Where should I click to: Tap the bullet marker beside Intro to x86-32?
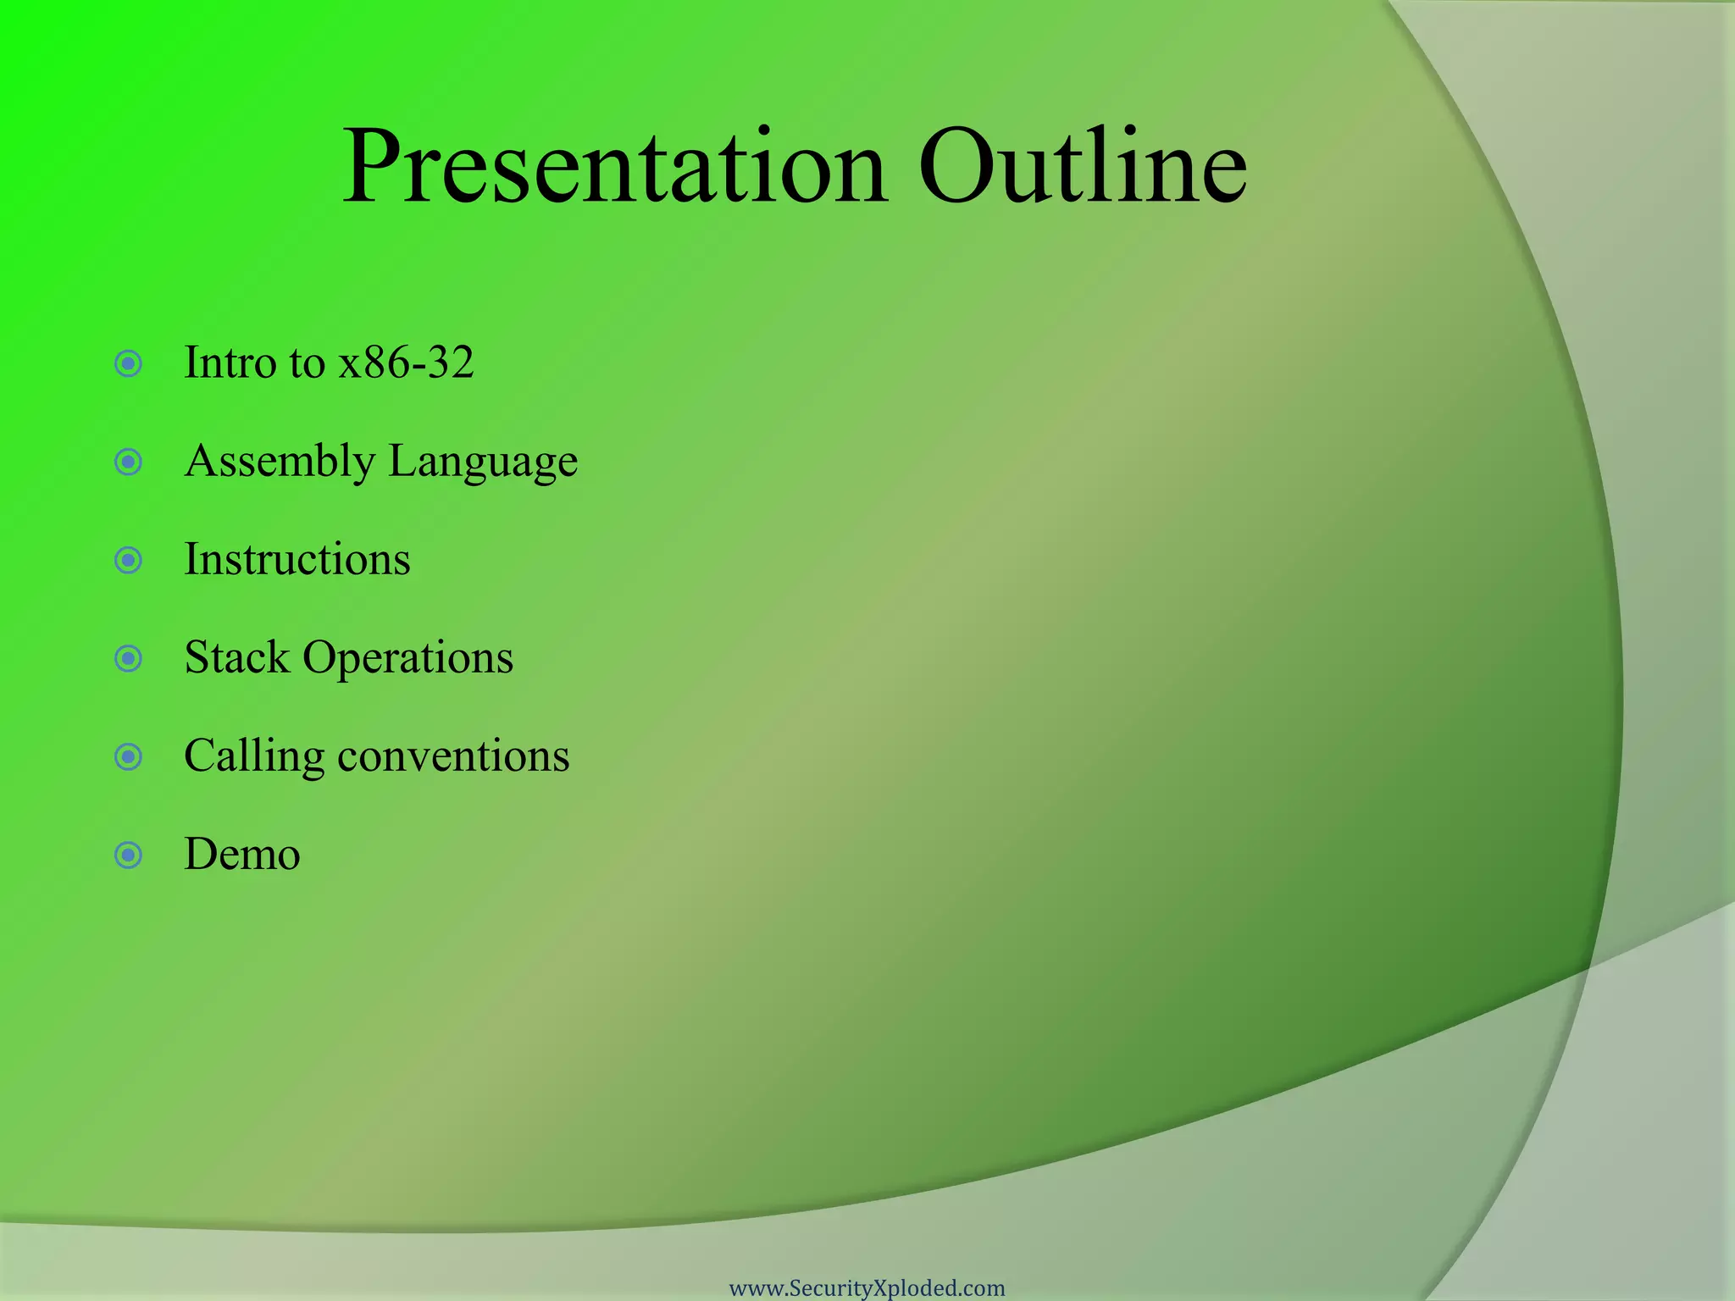(128, 364)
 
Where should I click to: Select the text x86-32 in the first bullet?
(406, 363)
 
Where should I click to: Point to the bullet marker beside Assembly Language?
(128, 462)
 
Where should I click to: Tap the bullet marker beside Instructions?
(128, 561)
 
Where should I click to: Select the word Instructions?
(297, 560)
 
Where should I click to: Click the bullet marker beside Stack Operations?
(128, 659)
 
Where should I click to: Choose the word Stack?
(236, 658)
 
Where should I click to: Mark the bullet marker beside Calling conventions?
(128, 757)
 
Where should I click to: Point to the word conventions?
(453, 756)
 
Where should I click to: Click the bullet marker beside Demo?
(128, 855)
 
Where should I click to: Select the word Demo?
(242, 855)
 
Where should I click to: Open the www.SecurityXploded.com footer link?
(867, 1288)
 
